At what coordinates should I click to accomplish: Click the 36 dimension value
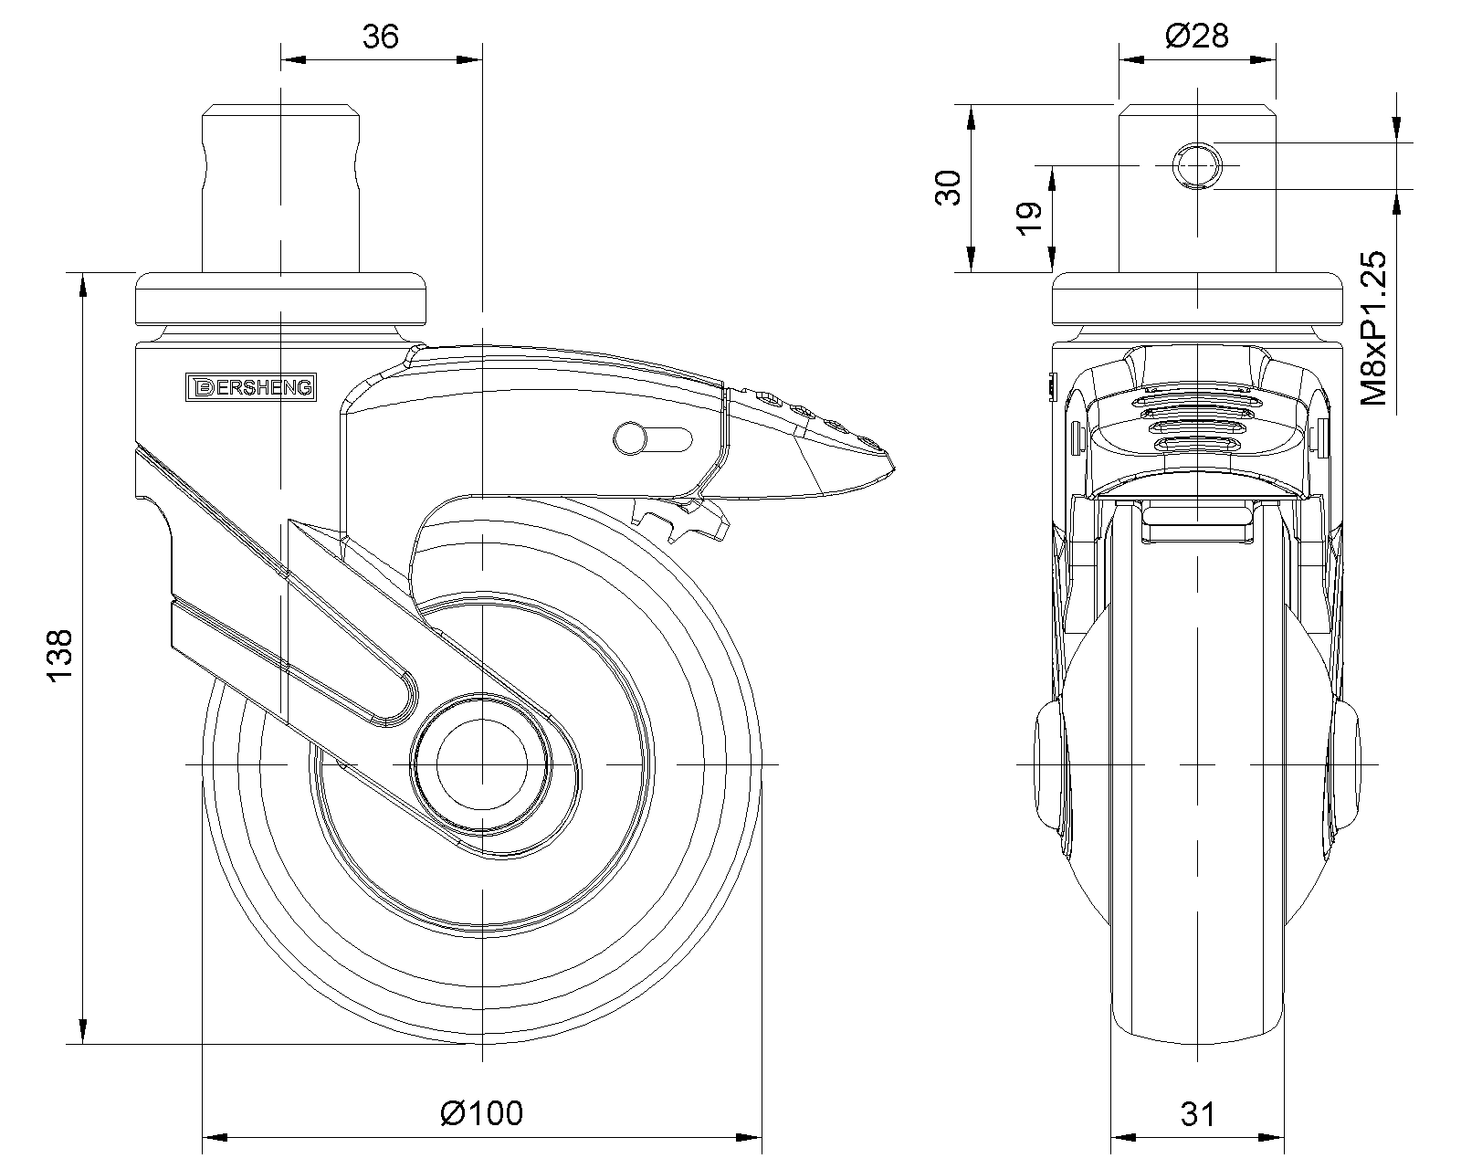380,37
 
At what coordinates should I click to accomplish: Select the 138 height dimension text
59,656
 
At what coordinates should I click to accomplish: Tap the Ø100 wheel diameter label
481,1112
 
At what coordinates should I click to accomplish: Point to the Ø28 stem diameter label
1196,36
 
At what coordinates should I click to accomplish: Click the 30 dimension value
949,188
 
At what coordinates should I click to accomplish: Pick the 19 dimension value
1029,218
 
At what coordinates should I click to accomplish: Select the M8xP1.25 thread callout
1374,328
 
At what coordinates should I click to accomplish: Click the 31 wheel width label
1197,1114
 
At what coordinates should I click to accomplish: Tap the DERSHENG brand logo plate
251,387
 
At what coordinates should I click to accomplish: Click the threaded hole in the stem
1197,165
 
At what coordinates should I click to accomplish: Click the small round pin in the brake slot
630,438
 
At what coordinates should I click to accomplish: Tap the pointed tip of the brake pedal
894,468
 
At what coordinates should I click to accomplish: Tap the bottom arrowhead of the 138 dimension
83,1030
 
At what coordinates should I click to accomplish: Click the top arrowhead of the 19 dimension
1053,179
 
